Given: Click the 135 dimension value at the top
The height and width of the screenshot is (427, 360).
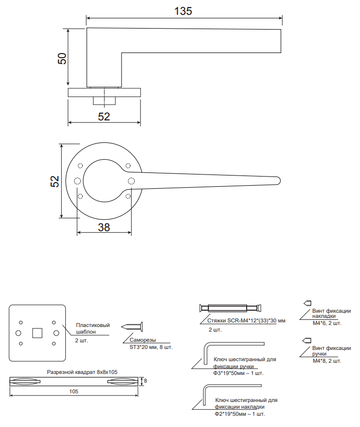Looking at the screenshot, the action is [x=183, y=11].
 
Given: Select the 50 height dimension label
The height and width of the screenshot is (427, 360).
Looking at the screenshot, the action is [x=62, y=58].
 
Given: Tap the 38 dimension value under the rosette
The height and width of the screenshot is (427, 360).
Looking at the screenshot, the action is [x=104, y=228].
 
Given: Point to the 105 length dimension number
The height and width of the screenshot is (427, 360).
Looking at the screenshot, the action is [x=74, y=391].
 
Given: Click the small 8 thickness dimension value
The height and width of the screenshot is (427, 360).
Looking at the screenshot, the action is [x=145, y=381].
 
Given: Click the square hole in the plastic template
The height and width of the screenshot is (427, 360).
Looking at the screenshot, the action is [x=37, y=333].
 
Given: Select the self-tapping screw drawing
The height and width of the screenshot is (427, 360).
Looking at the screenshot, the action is [x=132, y=326].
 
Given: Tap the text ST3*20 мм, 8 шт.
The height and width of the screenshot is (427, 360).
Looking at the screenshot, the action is [x=151, y=347].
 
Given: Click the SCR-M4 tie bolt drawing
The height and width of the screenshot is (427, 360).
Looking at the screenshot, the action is [x=230, y=308].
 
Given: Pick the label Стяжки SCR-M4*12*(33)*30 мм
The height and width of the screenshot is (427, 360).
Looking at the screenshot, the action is [x=246, y=320].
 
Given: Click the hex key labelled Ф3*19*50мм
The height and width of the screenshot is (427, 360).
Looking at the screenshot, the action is [x=234, y=354].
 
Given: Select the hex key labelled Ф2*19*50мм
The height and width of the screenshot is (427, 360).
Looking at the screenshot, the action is [x=232, y=394].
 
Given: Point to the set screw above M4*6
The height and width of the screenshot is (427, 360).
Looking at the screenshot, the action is [x=307, y=303].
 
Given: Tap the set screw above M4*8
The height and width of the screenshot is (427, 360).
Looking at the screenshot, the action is [x=307, y=340].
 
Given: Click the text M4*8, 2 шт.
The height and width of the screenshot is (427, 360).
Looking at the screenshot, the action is [x=327, y=361].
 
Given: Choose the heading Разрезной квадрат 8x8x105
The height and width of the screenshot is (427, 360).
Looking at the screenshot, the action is [x=82, y=372].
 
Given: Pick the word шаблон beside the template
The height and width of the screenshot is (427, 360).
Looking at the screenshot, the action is [x=86, y=332].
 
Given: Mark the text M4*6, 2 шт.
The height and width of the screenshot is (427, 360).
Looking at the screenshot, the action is [x=327, y=323].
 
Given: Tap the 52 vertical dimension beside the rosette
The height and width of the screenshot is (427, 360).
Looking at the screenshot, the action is [x=55, y=181].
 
